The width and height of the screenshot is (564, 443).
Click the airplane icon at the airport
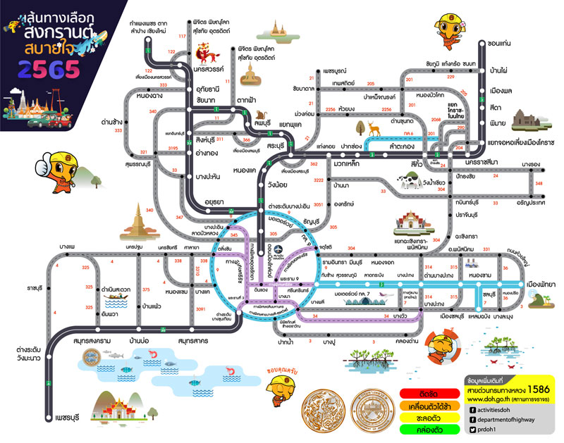point(279,249)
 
